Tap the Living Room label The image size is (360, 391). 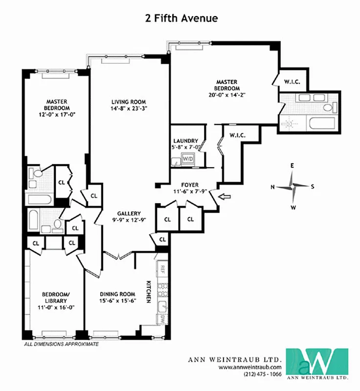[x=126, y=102]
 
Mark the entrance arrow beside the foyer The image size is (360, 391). [x=224, y=197]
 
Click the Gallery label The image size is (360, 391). [x=129, y=214]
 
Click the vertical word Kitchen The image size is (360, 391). [x=148, y=292]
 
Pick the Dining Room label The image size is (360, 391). [x=117, y=294]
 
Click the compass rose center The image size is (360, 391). [x=292, y=186]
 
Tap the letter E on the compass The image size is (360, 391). [x=292, y=166]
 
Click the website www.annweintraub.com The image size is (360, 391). [x=250, y=367]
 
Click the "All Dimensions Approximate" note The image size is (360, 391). [x=62, y=344]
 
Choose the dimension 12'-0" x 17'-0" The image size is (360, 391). [x=57, y=114]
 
